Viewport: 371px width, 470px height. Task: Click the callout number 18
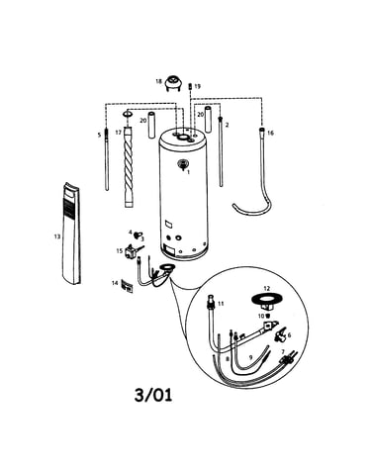pos(158,81)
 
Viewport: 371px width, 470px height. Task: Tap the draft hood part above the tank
pos(173,83)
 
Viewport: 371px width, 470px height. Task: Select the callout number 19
pos(197,86)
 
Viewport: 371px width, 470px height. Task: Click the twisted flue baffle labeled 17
pos(129,166)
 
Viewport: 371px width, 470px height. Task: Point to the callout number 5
pos(99,135)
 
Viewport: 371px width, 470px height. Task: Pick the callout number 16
pos(270,133)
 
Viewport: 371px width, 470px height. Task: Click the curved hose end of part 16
pos(234,206)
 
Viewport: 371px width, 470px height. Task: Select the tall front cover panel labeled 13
pos(72,234)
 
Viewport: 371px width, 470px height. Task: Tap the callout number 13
pos(57,236)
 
